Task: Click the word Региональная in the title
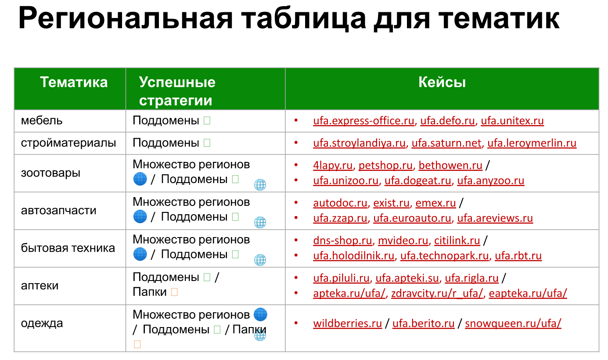tap(125, 18)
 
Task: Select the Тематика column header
tap(74, 82)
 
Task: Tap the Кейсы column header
tap(442, 82)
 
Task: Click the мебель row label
tap(42, 121)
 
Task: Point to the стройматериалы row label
tap(68, 143)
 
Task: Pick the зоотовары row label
tap(50, 173)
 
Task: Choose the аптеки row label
tap(40, 286)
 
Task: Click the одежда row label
tap(42, 324)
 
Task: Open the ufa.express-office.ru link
tap(363, 121)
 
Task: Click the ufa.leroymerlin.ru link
tap(532, 143)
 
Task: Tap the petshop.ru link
tap(385, 166)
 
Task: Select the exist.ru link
tap(391, 203)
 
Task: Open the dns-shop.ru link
tap(342, 241)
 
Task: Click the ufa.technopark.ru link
tap(444, 256)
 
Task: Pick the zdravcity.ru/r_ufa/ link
tap(437, 293)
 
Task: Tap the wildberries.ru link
tap(347, 324)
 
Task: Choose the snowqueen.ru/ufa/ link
tap(513, 324)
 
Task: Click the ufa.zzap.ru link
tap(340, 218)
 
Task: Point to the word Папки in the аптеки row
tap(150, 292)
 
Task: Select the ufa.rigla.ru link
tap(471, 278)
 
